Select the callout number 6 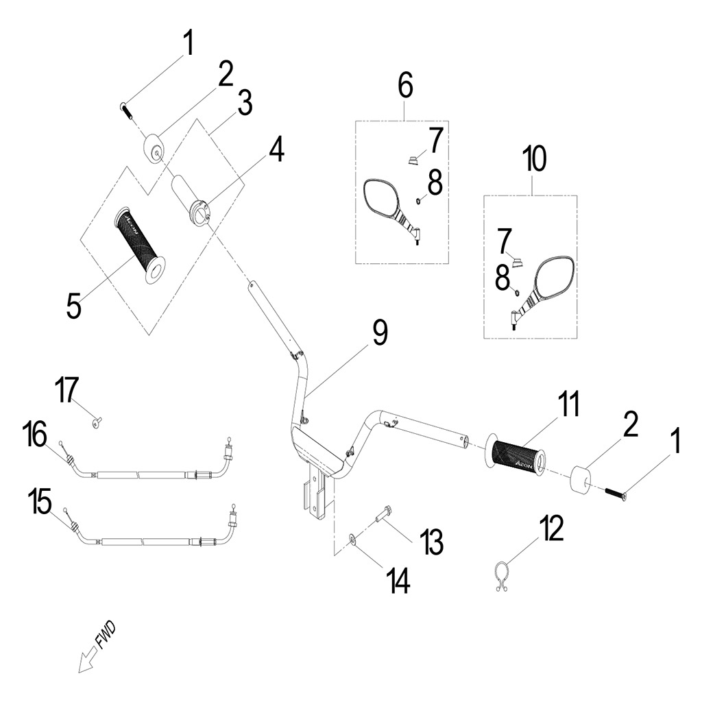tap(405, 86)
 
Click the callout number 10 tap(534, 160)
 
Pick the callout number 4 tap(276, 149)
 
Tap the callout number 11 tap(568, 406)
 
